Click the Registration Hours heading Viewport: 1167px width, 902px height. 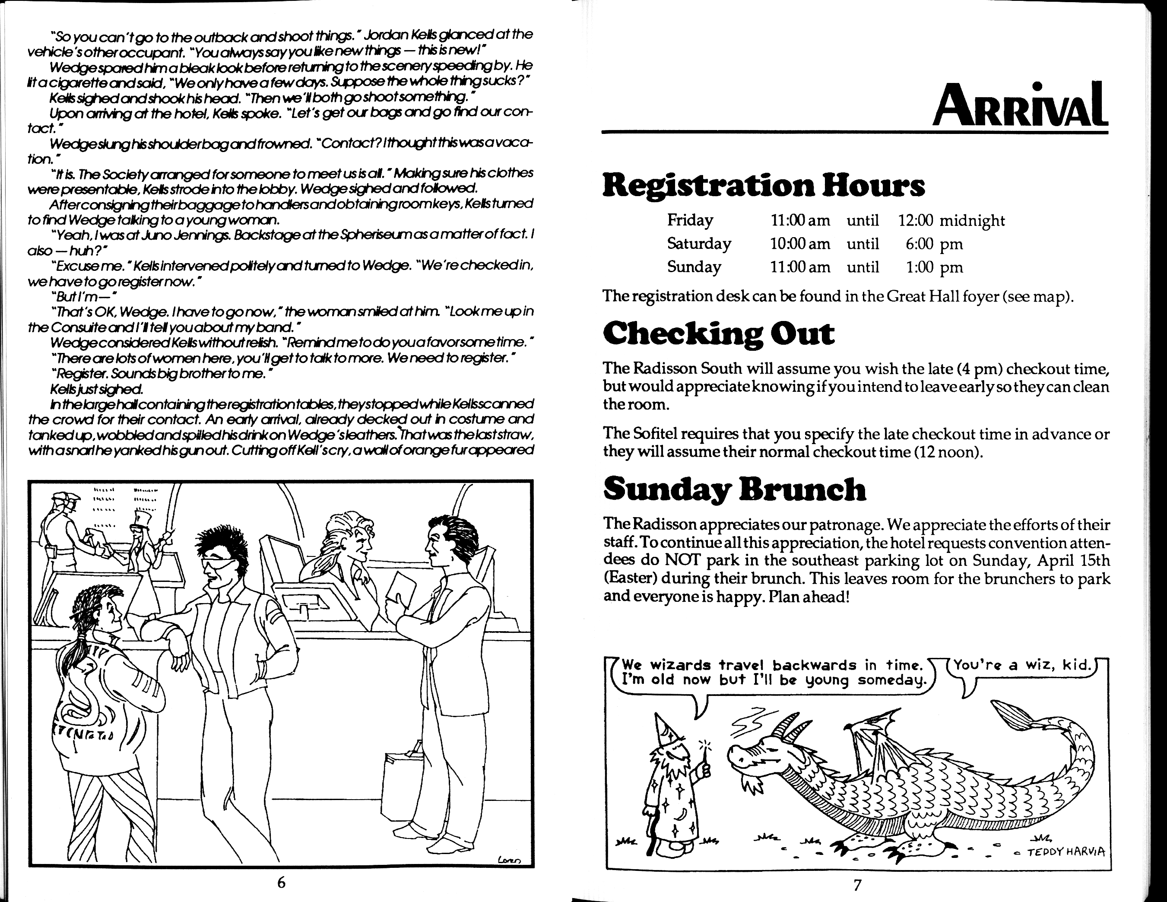pyautogui.click(x=764, y=185)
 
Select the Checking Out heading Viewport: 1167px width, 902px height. pyautogui.click(x=718, y=334)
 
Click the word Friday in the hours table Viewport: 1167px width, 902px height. pyautogui.click(x=690, y=220)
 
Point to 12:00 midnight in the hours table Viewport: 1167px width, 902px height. pyautogui.click(x=951, y=221)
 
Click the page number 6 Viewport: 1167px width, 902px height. pyautogui.click(x=281, y=883)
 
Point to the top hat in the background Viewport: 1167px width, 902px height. pyautogui.click(x=142, y=518)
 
